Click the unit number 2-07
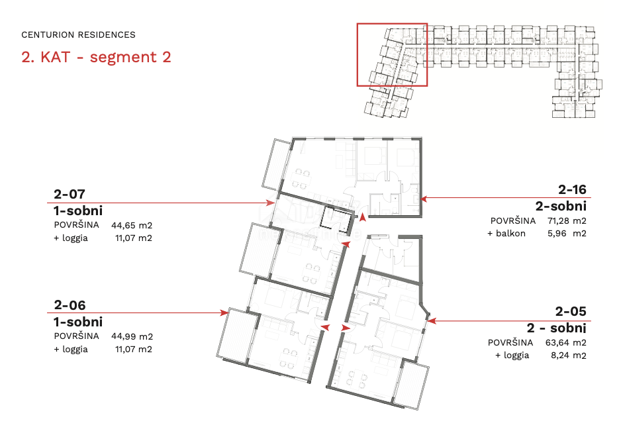point(70,194)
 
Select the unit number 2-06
point(70,305)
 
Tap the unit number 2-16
point(572,190)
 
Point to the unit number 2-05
point(571,311)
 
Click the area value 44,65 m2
point(132,225)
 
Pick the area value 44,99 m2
point(132,336)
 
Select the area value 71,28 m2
point(567,220)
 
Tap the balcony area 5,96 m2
point(567,233)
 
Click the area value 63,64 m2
point(566,342)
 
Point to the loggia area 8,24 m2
point(568,355)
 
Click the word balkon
point(510,233)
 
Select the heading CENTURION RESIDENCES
point(78,35)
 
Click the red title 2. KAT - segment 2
point(96,57)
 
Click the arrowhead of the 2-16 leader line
point(424,198)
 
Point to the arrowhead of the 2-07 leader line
point(271,203)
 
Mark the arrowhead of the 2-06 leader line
point(224,313)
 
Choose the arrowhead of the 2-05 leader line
point(432,320)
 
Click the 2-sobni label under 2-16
point(561,206)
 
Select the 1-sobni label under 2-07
point(78,211)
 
